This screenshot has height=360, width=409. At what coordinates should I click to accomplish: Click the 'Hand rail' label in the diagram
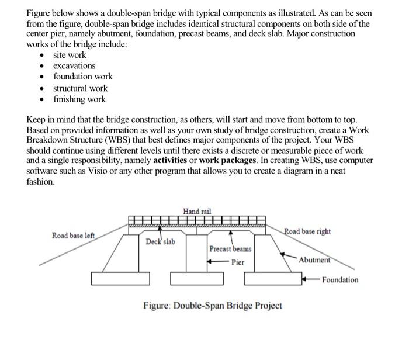[x=197, y=211]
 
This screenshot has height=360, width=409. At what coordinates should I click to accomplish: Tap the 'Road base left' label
[x=73, y=235]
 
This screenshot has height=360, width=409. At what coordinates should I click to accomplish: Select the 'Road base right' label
[x=307, y=231]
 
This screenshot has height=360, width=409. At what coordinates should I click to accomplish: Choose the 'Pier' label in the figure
[x=238, y=262]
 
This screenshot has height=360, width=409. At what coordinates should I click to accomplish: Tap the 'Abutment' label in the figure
[x=314, y=260]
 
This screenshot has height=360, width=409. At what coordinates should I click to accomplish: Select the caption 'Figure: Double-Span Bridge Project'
[x=213, y=306]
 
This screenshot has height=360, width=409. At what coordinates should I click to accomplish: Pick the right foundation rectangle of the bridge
[x=272, y=279]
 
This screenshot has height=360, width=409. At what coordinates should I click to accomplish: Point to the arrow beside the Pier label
[x=218, y=262]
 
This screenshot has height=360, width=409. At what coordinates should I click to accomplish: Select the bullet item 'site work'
[x=70, y=55]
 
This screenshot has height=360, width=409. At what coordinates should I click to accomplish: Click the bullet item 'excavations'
[x=74, y=65]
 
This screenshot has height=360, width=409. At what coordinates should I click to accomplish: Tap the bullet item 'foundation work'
[x=83, y=77]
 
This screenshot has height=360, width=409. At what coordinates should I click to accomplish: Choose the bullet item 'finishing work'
[x=79, y=99]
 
